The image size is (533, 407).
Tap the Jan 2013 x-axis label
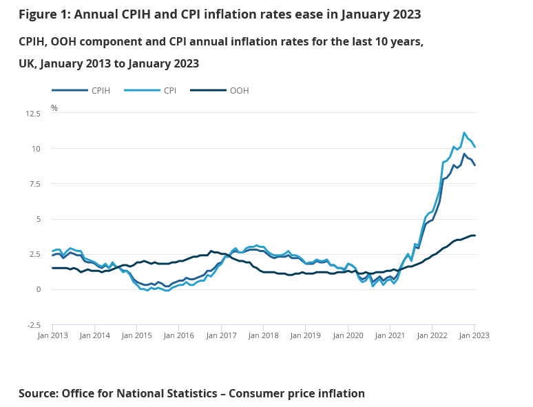point(52,335)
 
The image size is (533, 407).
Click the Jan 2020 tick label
point(348,335)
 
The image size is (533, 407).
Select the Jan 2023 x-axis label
point(474,335)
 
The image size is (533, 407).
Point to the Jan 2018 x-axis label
point(264,335)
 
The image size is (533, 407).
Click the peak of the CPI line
point(464,133)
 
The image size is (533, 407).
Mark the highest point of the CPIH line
point(464,154)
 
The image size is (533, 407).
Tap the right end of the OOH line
point(474,236)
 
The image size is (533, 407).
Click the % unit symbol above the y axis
point(54,108)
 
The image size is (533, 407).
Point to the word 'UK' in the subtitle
point(28,63)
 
